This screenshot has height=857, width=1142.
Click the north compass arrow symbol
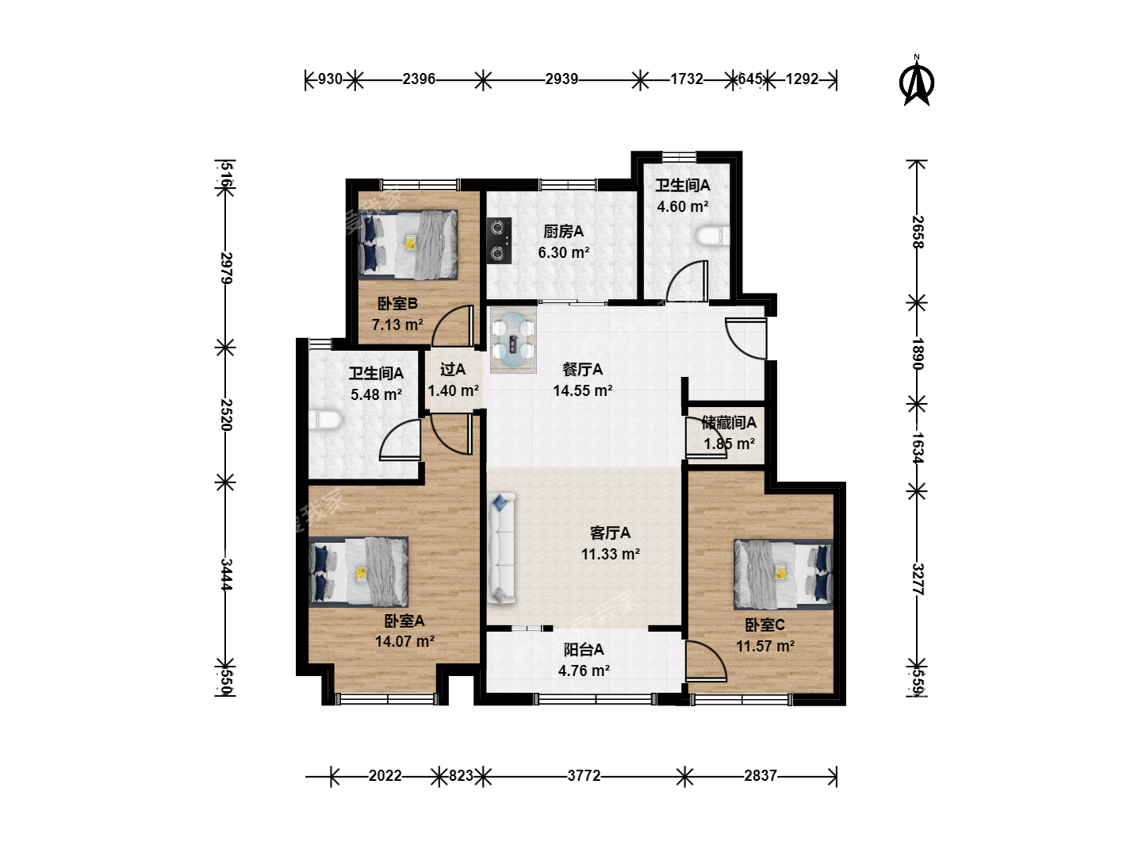916,83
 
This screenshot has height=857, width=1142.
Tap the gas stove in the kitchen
499,240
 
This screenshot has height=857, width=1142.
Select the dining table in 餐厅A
514,340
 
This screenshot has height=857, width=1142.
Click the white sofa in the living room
501,549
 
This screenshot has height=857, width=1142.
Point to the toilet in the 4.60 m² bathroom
713,236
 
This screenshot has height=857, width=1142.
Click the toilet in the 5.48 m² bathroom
325,420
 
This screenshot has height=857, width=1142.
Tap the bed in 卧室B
408,244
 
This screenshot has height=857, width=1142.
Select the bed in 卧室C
784,575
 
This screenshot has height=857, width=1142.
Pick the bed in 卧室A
358,572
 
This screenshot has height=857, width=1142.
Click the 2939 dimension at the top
561,79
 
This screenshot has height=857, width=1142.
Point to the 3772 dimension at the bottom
584,776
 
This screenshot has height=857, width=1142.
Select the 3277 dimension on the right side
917,579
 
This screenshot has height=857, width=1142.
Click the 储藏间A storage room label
728,422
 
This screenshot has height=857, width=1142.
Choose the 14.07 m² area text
404,641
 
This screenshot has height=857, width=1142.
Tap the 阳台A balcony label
584,649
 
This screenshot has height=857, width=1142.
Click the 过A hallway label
453,370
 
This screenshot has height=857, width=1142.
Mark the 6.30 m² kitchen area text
563,252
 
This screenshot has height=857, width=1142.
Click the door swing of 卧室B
452,325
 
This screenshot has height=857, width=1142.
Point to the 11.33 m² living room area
611,554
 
